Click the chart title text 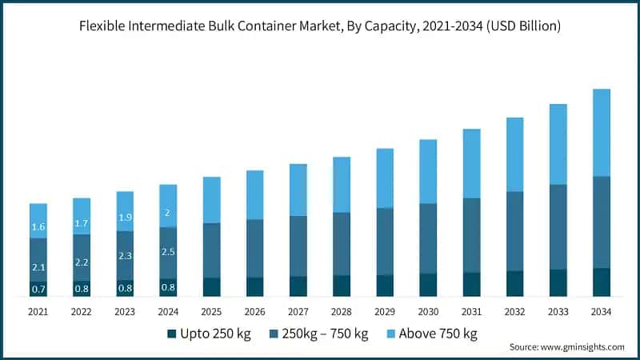point(320,26)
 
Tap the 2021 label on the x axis point(38,311)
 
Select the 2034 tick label point(601,311)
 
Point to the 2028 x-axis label point(341,311)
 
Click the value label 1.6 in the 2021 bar point(38,227)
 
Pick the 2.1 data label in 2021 point(38,266)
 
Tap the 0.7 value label point(38,289)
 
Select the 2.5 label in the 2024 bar point(168,252)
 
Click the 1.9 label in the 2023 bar point(125,218)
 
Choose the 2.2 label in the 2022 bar point(82,262)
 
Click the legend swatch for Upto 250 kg point(171,334)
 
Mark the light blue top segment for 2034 point(601,132)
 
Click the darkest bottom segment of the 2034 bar point(601,282)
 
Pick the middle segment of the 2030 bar point(428,238)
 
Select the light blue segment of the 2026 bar point(254,194)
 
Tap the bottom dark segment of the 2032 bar point(514,283)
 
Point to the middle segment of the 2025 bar point(211,250)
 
